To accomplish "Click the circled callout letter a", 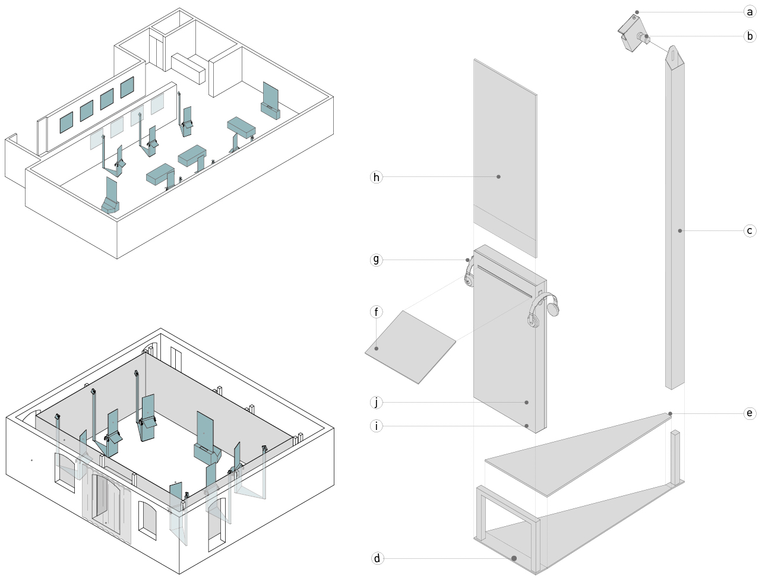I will [750, 12].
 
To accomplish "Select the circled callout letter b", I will [750, 36].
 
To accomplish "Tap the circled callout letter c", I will [750, 230].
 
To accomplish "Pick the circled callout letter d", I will [377, 558].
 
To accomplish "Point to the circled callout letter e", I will [750, 413].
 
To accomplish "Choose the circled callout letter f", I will [377, 312].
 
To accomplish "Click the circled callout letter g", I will [377, 260].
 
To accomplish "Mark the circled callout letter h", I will [377, 177].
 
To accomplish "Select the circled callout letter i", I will [377, 426].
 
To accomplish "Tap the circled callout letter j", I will [377, 403].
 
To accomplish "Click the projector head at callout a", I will [631, 32].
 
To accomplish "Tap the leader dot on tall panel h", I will [498, 177].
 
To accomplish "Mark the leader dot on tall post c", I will [680, 230].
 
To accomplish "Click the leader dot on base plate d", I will [514, 558].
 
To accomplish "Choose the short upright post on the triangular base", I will [675, 457].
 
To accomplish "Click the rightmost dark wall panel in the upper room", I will [127, 88].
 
